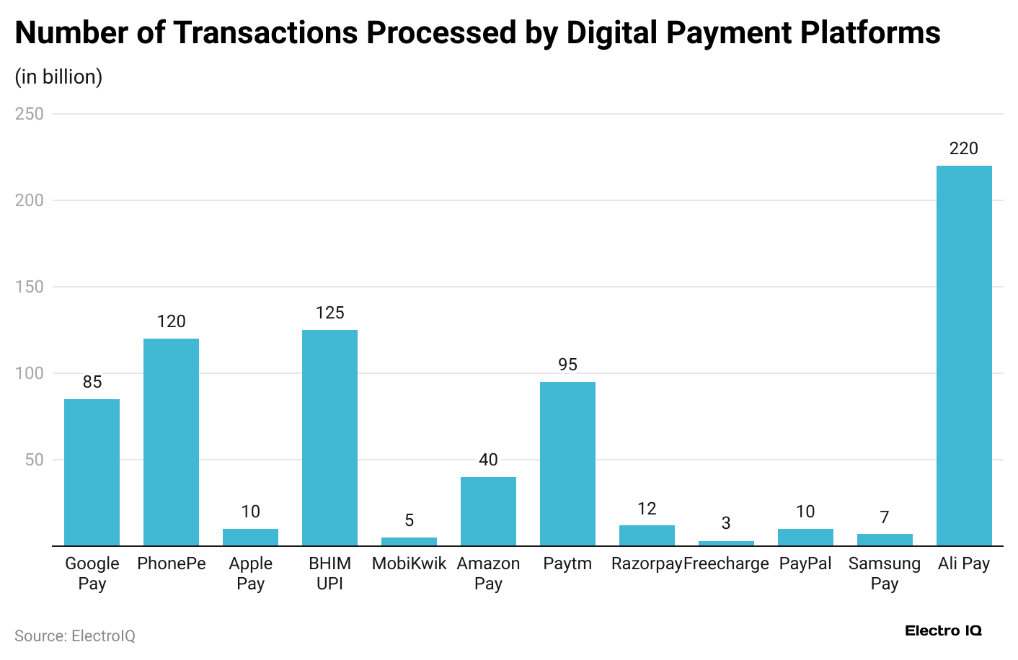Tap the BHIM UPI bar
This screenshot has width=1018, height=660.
point(329,437)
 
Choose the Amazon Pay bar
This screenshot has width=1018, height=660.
point(488,511)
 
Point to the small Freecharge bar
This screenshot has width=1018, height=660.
point(726,543)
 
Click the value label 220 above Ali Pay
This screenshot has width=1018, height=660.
point(964,148)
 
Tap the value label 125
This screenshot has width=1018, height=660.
point(329,313)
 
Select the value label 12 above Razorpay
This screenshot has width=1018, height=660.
point(647,509)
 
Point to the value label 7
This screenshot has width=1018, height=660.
point(885,517)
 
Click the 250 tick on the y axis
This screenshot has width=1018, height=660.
point(30,114)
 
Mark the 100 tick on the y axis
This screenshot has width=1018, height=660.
point(30,373)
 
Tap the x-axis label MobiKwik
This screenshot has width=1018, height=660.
point(409,563)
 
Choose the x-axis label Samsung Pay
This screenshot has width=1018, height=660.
point(885,574)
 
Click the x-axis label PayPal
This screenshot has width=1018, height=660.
point(805,563)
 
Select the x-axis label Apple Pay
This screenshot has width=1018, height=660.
point(250,574)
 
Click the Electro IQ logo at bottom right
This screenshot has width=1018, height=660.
point(943,630)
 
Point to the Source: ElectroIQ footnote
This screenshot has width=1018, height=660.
point(75,636)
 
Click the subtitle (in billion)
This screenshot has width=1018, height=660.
point(58,77)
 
